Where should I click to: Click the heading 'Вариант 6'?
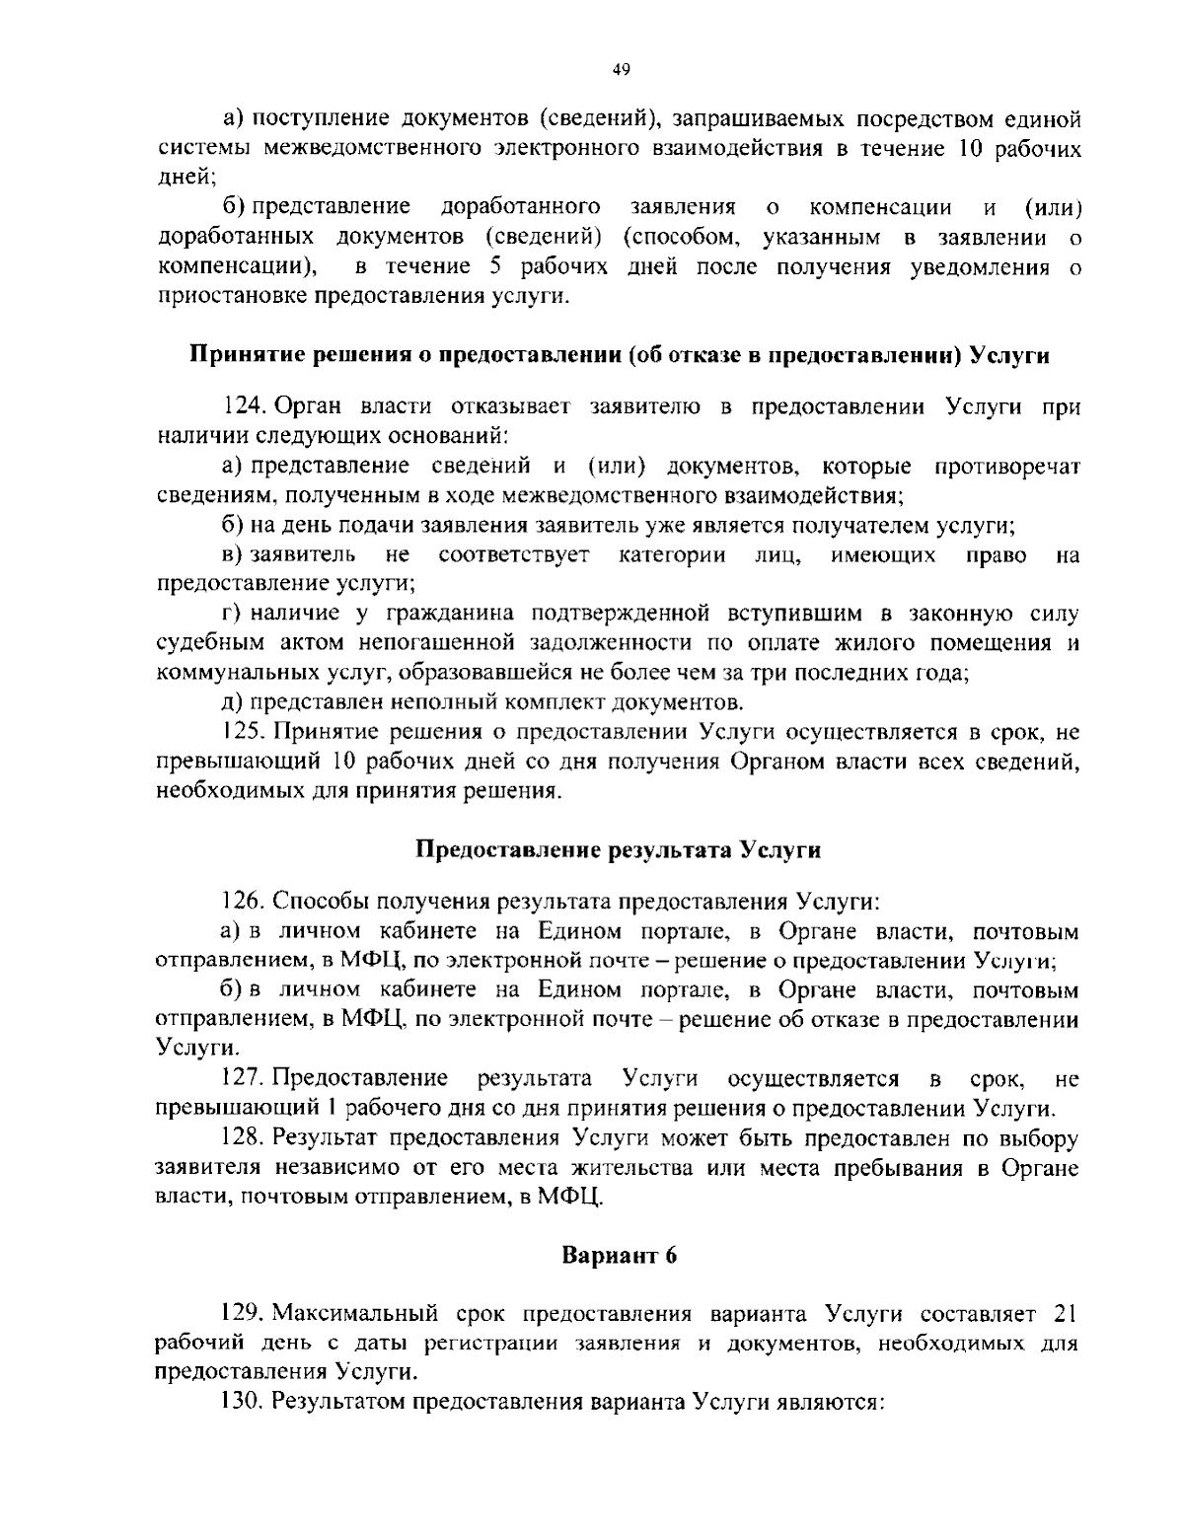tap(619, 1256)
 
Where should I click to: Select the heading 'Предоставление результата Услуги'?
tap(618, 849)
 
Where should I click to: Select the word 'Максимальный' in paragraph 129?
tap(354, 1314)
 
